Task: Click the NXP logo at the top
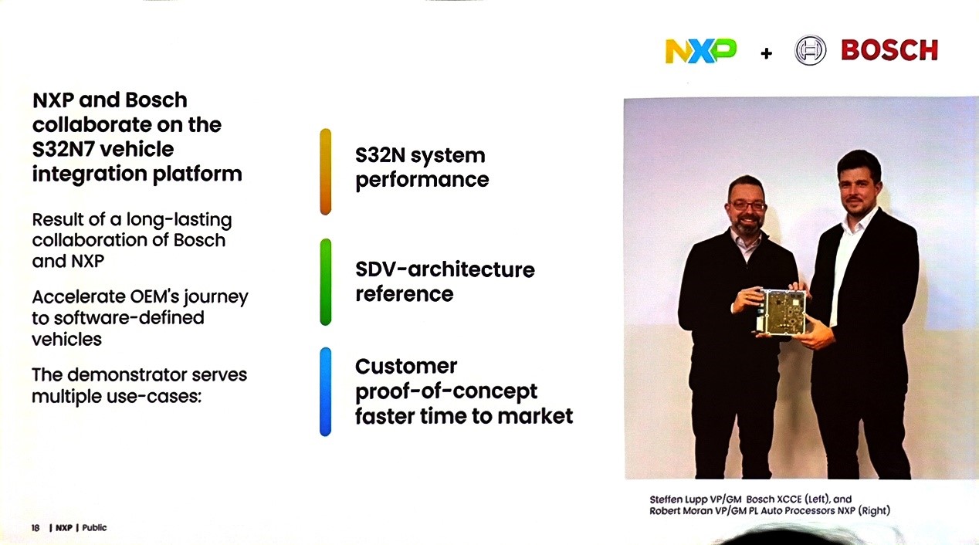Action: [700, 51]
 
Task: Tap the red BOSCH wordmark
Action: [889, 50]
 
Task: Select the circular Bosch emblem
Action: [810, 50]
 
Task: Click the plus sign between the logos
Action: [766, 53]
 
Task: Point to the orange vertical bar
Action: [326, 171]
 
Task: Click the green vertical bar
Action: [326, 282]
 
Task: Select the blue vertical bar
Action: [326, 391]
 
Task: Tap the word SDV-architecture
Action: [445, 269]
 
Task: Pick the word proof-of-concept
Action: [446, 392]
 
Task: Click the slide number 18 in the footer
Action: [36, 528]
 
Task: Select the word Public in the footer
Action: [94, 527]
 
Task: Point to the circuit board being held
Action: [781, 312]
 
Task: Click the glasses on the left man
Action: [747, 205]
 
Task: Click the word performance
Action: [422, 181]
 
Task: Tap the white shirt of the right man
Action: [845, 262]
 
